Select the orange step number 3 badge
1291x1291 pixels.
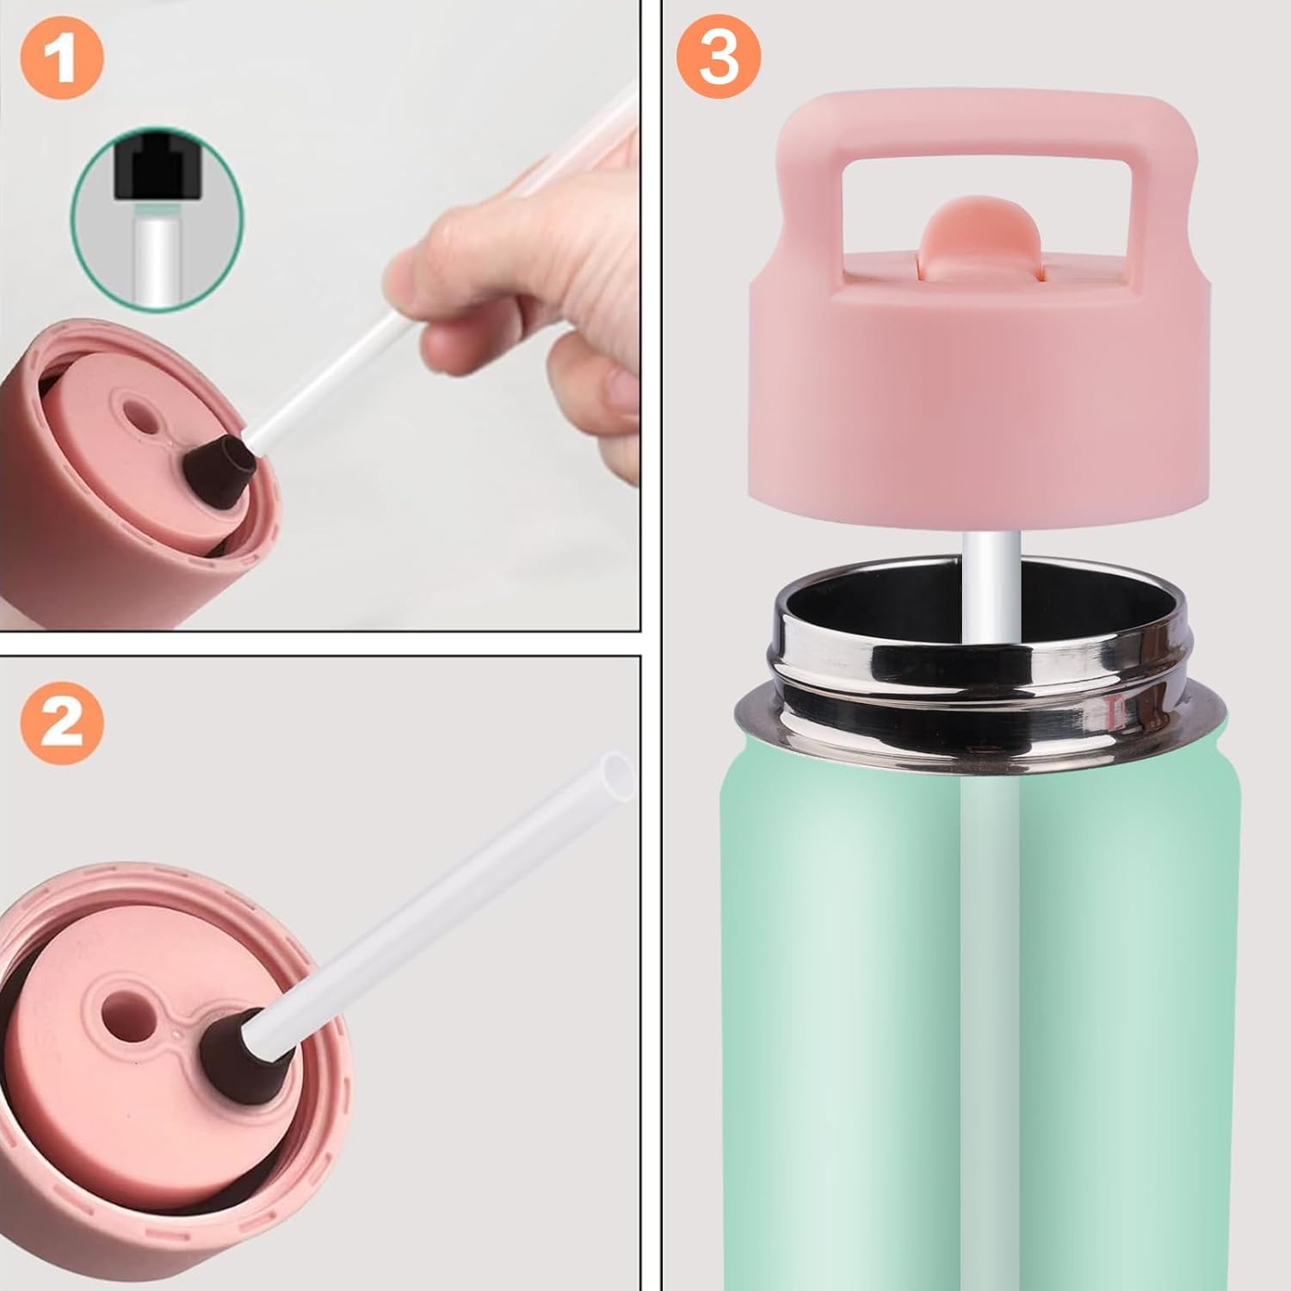pos(720,58)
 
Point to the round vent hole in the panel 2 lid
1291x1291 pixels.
pos(122,1008)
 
